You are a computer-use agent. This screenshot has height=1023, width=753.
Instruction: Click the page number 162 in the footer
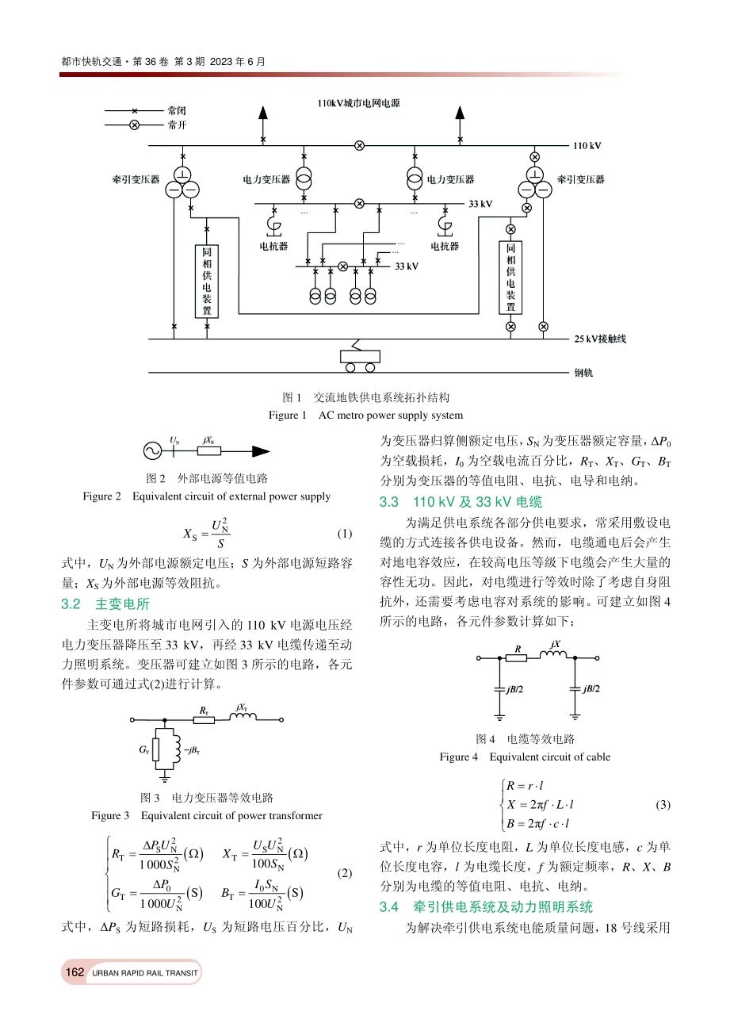pyautogui.click(x=75, y=972)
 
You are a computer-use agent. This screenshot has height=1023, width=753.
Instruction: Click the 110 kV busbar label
pyautogui.click(x=587, y=146)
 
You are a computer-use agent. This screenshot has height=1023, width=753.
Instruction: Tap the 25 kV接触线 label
pyautogui.click(x=600, y=339)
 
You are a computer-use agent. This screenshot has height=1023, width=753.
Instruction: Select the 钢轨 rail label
pyautogui.click(x=583, y=373)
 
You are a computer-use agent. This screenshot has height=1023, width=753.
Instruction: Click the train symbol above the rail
pyautogui.click(x=359, y=358)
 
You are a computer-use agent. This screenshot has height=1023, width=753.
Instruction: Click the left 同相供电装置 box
pyautogui.click(x=207, y=281)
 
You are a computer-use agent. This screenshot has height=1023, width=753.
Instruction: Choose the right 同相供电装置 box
pyautogui.click(x=510, y=278)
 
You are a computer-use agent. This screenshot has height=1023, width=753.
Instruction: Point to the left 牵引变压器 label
pyautogui.click(x=136, y=180)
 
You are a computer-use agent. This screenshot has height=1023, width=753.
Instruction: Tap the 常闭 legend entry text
pyautogui.click(x=177, y=111)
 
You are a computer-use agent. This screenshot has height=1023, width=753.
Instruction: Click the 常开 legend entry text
pyautogui.click(x=177, y=125)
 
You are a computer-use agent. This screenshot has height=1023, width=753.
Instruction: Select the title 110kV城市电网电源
pyautogui.click(x=358, y=103)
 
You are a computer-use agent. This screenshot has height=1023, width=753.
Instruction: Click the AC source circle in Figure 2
pyautogui.click(x=152, y=451)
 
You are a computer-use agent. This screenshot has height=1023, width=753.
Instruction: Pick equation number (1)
pyautogui.click(x=345, y=534)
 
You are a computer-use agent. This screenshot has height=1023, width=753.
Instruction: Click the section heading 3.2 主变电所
pyautogui.click(x=105, y=604)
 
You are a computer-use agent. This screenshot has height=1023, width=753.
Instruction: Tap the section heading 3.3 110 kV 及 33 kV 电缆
pyautogui.click(x=461, y=502)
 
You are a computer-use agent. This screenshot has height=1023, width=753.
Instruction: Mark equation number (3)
pyautogui.click(x=663, y=805)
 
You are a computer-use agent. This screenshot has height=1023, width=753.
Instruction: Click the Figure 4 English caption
pyautogui.click(x=525, y=757)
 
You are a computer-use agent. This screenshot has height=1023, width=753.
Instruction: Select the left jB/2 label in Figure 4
pyautogui.click(x=514, y=689)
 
